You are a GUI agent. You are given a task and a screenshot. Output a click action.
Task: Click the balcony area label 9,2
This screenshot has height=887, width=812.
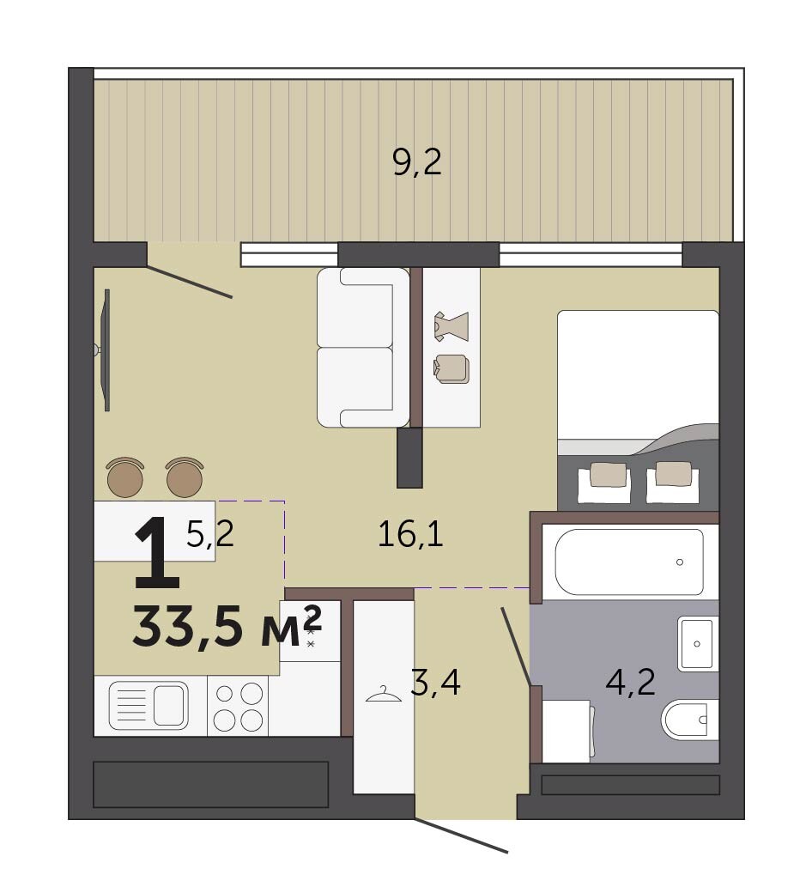[417, 163]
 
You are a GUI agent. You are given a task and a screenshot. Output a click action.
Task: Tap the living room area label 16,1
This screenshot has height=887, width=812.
[410, 534]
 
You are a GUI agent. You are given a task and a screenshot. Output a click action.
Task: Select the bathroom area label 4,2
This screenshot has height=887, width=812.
[631, 683]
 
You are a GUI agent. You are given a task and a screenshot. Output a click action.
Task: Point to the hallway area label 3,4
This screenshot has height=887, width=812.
[435, 683]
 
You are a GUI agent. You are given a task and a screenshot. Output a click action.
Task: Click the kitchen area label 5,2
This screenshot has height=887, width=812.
[209, 533]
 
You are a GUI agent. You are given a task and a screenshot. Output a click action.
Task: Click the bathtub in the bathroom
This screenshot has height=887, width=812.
[629, 562]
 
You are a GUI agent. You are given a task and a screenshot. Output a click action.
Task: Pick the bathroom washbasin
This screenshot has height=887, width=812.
[697, 643]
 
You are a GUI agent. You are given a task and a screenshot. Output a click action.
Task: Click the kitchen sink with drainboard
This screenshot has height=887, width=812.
[148, 705]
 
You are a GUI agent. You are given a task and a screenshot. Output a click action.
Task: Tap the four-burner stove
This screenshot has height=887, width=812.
[238, 706]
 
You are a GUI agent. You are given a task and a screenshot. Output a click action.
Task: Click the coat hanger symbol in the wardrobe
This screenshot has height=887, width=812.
[384, 694]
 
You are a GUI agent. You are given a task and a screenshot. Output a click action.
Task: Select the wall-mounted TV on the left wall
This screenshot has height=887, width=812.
[104, 349]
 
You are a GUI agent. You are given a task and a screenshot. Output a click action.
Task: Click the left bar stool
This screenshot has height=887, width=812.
[125, 477]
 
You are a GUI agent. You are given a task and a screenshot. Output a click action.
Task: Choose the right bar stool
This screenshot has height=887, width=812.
[185, 477]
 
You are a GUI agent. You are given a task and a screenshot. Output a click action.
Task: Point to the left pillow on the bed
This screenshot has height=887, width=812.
[608, 475]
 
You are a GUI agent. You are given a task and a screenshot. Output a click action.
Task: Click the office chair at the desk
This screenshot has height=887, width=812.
[451, 368]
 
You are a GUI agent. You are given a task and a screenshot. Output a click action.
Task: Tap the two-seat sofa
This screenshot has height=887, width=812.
[363, 348]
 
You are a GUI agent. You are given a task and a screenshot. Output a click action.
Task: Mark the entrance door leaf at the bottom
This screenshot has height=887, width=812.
[460, 835]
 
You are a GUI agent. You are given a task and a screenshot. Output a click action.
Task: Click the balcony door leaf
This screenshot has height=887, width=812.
[190, 281]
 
